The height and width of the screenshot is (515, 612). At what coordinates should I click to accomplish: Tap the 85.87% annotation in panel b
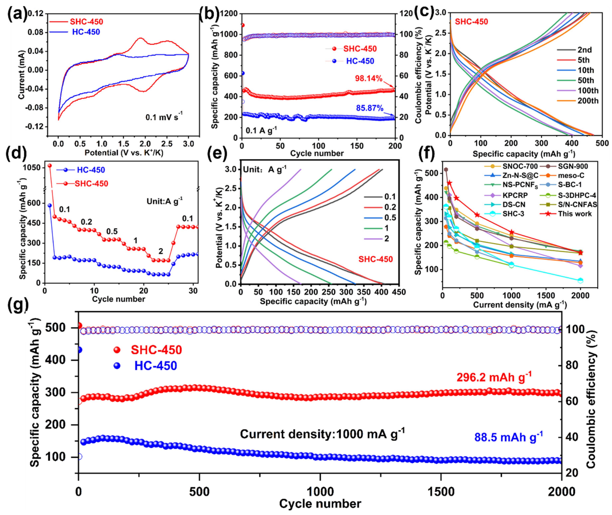370,108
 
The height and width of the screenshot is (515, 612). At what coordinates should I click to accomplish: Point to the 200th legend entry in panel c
588,101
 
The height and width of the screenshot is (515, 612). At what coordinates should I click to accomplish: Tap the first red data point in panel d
50,166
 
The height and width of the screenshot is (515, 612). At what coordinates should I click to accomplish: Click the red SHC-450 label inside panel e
376,259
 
